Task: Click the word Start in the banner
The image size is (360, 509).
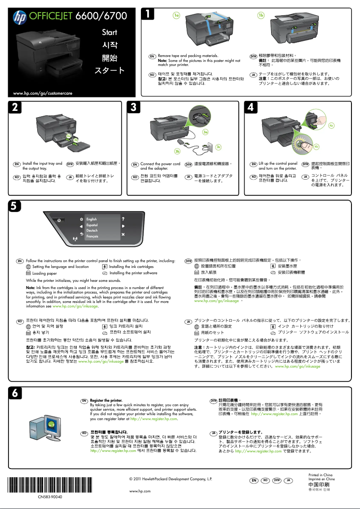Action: pyautogui.click(x=109, y=32)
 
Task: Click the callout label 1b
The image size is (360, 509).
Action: pyautogui.click(x=261, y=15)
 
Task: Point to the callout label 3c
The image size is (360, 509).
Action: pyautogui.click(x=219, y=147)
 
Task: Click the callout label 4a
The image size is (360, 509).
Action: pyautogui.click(x=331, y=125)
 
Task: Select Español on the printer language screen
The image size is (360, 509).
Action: pyautogui.click(x=92, y=224)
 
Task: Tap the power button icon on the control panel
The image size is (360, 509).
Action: pyautogui.click(x=58, y=220)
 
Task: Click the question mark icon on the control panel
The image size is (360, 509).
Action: pyautogui.click(x=123, y=219)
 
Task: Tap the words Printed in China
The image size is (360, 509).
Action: pyautogui.click(x=320, y=475)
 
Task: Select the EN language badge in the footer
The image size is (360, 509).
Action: pyautogui.click(x=254, y=481)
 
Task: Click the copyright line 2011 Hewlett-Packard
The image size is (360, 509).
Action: pyautogui.click(x=170, y=479)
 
